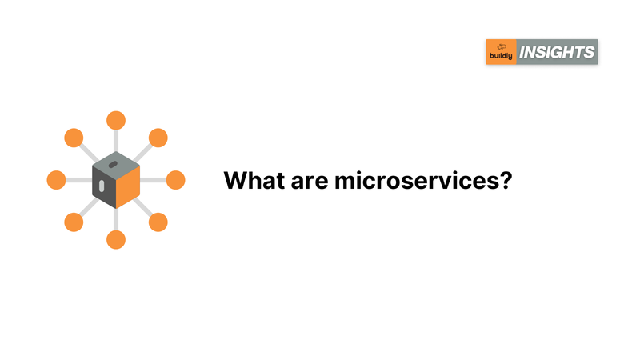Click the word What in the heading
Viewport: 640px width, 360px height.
(x=254, y=180)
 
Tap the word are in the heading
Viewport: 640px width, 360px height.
(x=310, y=182)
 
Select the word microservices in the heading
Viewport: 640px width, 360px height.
(x=415, y=180)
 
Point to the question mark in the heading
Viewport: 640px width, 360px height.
(x=505, y=180)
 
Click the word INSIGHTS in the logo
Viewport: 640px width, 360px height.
(x=557, y=52)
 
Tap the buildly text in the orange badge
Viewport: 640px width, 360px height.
(x=501, y=56)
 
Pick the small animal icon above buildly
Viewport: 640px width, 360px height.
(x=502, y=47)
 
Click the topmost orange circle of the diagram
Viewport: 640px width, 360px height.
(x=116, y=121)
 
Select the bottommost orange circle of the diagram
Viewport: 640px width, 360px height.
(x=116, y=239)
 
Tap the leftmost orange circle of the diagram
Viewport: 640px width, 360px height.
(x=56, y=180)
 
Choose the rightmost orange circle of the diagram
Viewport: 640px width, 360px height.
(x=175, y=180)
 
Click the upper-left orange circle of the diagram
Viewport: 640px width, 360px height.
(x=74, y=138)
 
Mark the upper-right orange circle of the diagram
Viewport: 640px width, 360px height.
(x=158, y=138)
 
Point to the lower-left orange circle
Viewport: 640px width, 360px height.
(x=74, y=222)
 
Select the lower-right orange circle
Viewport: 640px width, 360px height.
(x=158, y=222)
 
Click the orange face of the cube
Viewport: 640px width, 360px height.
(x=128, y=187)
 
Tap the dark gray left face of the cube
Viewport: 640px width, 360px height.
(x=105, y=187)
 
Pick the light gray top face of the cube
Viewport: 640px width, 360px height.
(x=116, y=166)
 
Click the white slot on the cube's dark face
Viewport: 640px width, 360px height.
(x=102, y=186)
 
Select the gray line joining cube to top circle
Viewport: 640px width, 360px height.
(x=116, y=141)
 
